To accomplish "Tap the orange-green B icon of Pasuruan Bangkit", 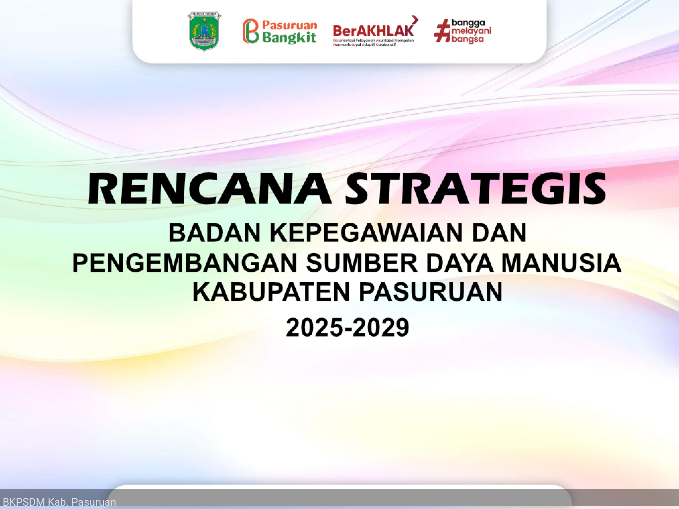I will click(x=251, y=31).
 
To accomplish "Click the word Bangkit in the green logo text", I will click(x=289, y=37).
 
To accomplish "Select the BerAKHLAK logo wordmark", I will click(x=373, y=31).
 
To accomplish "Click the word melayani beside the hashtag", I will click(x=471, y=30).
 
